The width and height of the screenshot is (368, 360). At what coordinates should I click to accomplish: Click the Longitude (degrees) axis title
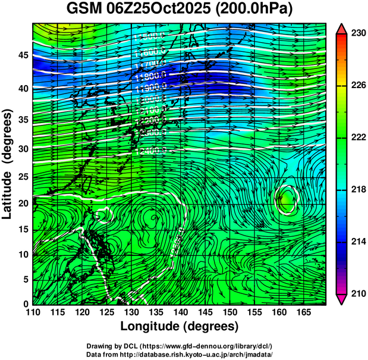[x=180, y=326]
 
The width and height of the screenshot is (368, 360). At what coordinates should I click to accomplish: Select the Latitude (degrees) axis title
[x=8, y=164]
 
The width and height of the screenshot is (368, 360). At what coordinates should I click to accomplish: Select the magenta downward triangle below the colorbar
[x=341, y=299]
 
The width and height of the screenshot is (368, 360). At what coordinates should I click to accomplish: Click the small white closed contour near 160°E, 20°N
[x=287, y=199]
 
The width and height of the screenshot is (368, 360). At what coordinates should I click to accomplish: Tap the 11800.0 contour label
[x=148, y=76]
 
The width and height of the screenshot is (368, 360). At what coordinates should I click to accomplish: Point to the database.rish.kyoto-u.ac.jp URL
[x=196, y=354]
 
